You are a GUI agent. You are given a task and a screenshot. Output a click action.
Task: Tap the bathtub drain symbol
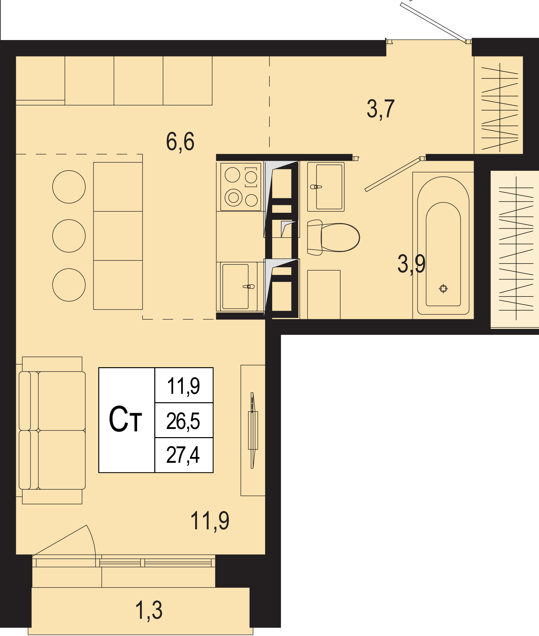(x=443, y=288)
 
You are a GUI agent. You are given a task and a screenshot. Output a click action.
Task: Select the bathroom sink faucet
(x=316, y=187)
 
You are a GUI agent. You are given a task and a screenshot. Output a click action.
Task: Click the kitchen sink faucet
(x=249, y=287)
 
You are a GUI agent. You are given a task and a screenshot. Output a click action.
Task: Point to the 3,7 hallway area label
(x=381, y=109)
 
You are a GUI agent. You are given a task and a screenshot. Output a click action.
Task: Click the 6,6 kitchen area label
(x=180, y=141)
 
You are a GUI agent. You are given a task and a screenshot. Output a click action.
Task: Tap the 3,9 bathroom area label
(x=411, y=264)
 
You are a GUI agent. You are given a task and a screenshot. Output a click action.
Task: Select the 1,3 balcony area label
(x=149, y=610)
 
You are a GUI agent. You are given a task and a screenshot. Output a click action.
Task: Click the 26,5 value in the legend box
(x=183, y=421)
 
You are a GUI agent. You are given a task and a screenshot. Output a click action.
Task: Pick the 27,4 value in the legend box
(x=183, y=455)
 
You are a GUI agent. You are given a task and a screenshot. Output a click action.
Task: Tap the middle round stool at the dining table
(x=69, y=236)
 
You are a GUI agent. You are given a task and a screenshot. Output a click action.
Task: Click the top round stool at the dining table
(x=69, y=187)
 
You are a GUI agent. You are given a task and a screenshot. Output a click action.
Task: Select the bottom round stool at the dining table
(x=69, y=285)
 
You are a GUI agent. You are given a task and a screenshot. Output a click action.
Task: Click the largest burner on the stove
(x=233, y=198)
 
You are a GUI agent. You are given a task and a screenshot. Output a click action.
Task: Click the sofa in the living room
(x=52, y=430)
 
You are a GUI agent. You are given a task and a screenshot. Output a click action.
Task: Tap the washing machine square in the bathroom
(x=324, y=294)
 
